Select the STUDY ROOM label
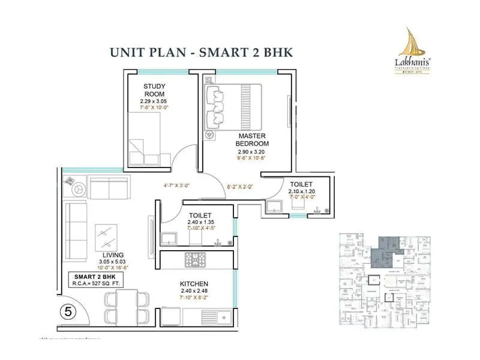(155, 91)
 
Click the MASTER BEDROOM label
(252, 140)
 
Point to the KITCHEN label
(194, 283)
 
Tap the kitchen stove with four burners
(194, 260)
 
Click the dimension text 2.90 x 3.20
(252, 153)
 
